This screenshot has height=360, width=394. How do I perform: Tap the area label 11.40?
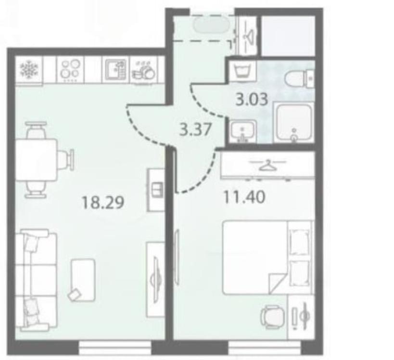[x=244, y=197]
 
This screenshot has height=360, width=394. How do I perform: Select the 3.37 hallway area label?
[x=195, y=130]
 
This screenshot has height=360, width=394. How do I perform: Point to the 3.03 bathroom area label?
[x=252, y=99]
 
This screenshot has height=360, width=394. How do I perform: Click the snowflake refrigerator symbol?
[x=29, y=69]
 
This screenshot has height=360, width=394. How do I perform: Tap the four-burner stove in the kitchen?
[x=70, y=70]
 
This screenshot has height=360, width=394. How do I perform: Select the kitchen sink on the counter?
[x=115, y=69]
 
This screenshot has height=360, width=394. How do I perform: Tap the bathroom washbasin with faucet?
[x=243, y=131]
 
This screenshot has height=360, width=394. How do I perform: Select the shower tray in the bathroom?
[x=293, y=122]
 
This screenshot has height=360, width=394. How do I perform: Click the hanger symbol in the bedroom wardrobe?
[x=267, y=165]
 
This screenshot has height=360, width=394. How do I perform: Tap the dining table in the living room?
[x=37, y=159]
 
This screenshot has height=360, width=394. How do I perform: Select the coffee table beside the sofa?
[x=82, y=280]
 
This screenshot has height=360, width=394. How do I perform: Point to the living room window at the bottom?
[x=115, y=347]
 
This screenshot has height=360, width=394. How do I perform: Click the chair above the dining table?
[x=37, y=130]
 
